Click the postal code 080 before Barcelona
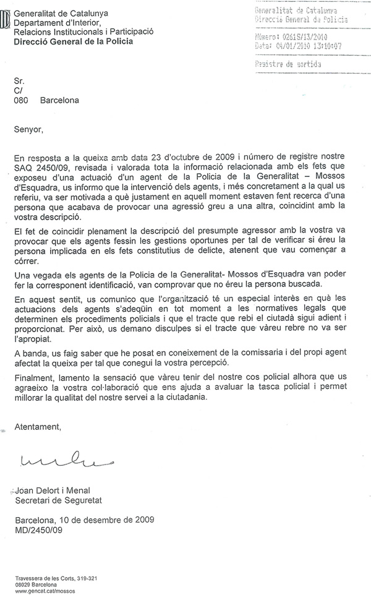tap(22, 99)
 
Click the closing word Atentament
tap(38, 427)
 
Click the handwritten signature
tap(59, 460)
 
